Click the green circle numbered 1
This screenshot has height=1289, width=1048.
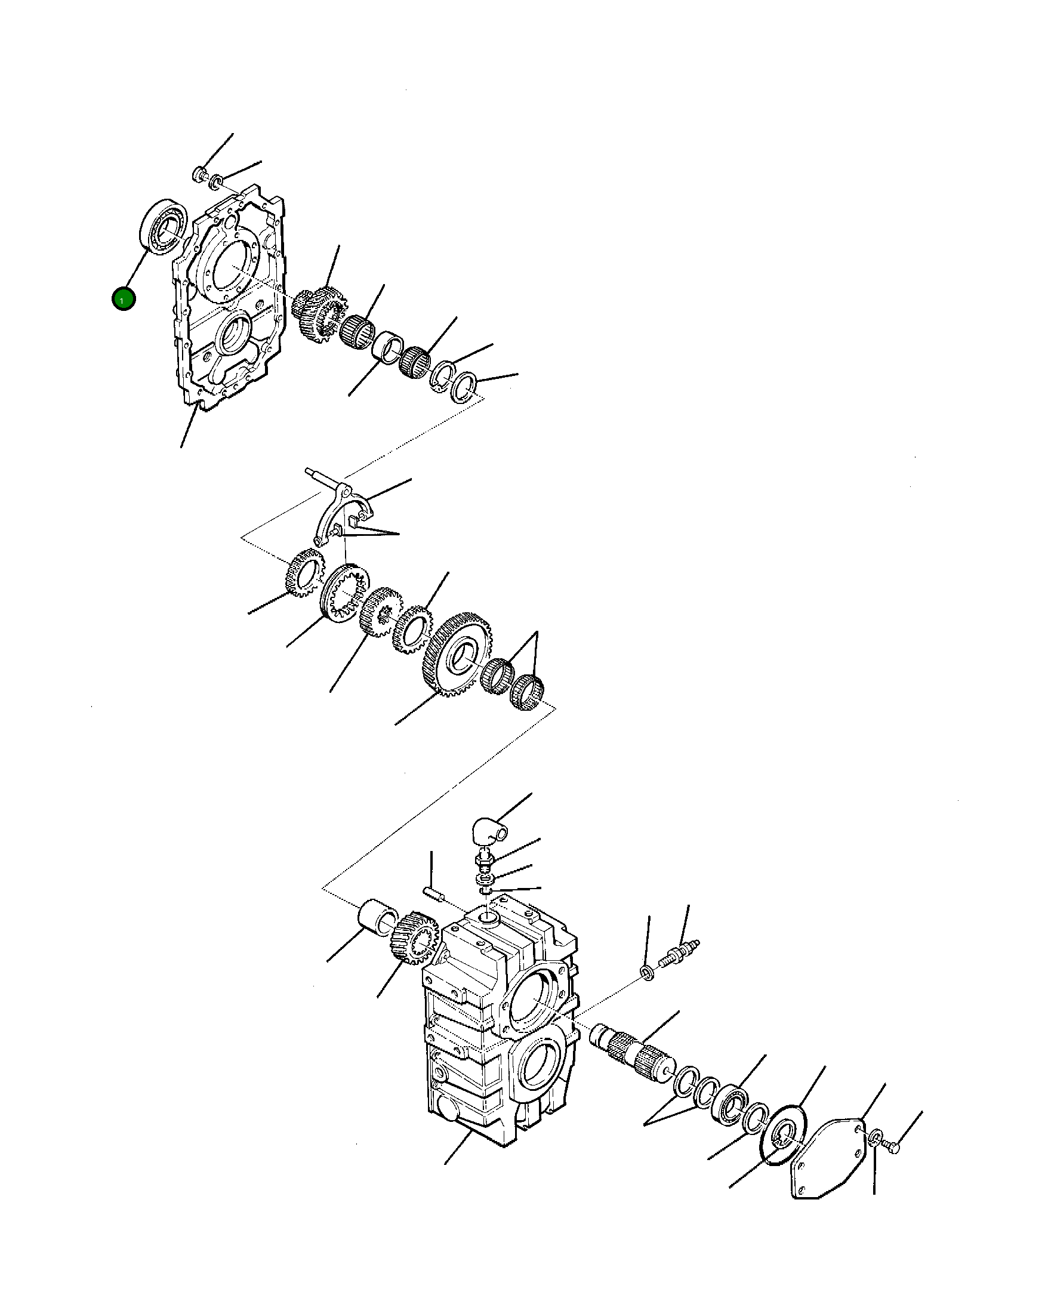[x=123, y=300]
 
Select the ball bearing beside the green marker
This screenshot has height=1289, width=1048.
[x=163, y=226]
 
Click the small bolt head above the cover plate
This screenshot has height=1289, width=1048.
[x=199, y=175]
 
